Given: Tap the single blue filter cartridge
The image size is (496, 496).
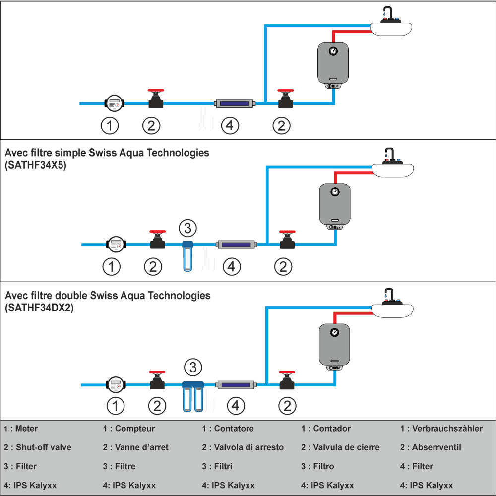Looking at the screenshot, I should click(x=187, y=256).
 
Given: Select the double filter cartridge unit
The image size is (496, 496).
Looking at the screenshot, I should click(x=193, y=397).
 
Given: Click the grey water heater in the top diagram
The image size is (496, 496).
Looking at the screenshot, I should click(x=333, y=63).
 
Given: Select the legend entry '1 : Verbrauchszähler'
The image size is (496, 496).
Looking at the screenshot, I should click(x=441, y=429).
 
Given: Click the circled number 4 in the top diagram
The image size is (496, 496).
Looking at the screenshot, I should click(x=229, y=126).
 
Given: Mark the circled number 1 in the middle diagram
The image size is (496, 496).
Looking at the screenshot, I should click(x=111, y=267).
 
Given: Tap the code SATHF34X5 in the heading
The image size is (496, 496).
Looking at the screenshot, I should click(x=35, y=166).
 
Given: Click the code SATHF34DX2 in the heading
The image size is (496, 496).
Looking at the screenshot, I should click(x=39, y=308).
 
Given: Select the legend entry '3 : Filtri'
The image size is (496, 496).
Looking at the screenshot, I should click(x=218, y=466).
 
